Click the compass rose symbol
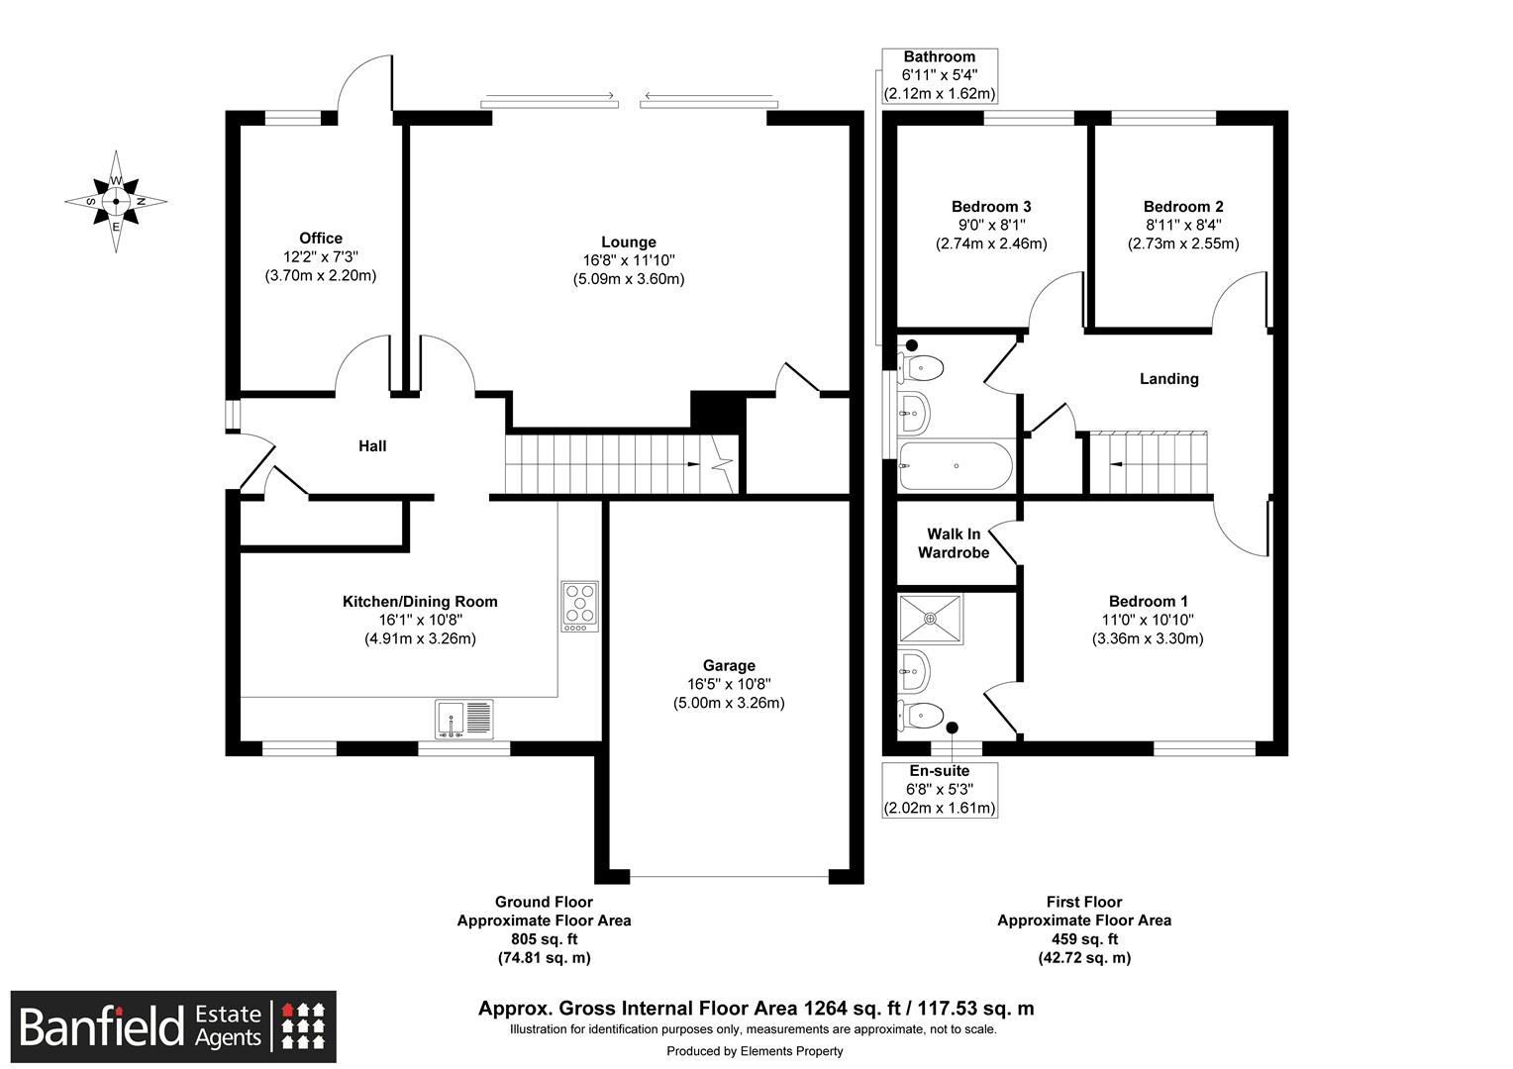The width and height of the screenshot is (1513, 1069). point(116,201)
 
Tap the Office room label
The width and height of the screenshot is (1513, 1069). point(321,239)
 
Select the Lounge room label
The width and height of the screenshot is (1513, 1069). point(628,243)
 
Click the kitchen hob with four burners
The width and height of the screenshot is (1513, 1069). point(579,606)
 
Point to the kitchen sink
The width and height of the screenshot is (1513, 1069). point(463,719)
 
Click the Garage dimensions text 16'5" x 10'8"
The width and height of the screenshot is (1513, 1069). point(729,684)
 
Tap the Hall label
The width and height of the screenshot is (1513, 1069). point(372,446)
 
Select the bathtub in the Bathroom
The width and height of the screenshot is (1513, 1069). point(955,465)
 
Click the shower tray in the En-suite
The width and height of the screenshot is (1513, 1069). point(930,619)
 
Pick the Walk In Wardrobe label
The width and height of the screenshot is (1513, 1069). point(954,543)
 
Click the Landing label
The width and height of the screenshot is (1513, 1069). point(1168,379)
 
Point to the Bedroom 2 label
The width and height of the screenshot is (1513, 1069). point(1183,207)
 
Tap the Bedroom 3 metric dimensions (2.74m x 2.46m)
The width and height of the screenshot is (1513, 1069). point(991,243)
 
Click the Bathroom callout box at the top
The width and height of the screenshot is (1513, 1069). point(939,76)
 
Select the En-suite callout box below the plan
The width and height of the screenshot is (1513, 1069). point(939,789)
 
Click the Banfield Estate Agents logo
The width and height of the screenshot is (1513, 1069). point(173,1026)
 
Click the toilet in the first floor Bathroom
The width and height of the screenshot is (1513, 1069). point(920,368)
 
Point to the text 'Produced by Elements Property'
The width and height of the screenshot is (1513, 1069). point(755,1051)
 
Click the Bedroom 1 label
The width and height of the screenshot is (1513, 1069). point(1148,602)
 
